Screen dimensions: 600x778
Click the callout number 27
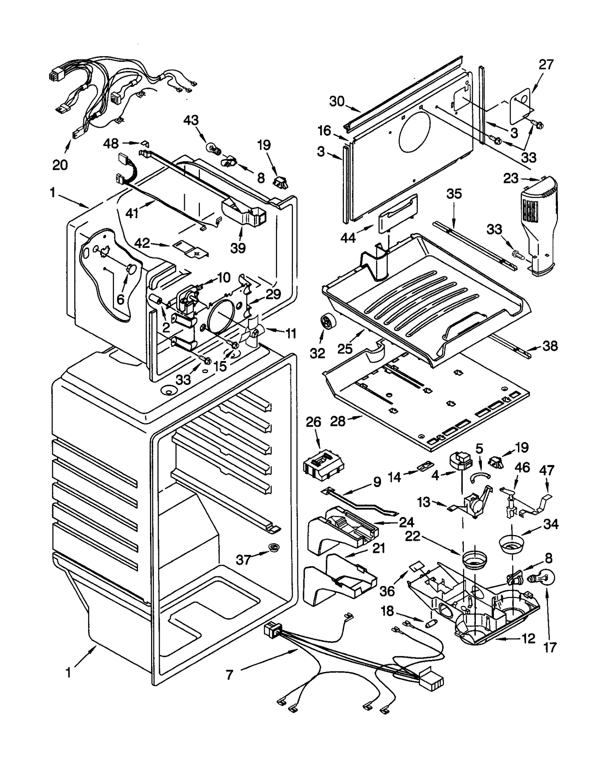pos(546,64)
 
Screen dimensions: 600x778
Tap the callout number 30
pos(337,101)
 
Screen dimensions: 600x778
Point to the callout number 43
pos(191,121)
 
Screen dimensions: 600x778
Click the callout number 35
pos(454,194)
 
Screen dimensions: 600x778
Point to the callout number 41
pos(132,213)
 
